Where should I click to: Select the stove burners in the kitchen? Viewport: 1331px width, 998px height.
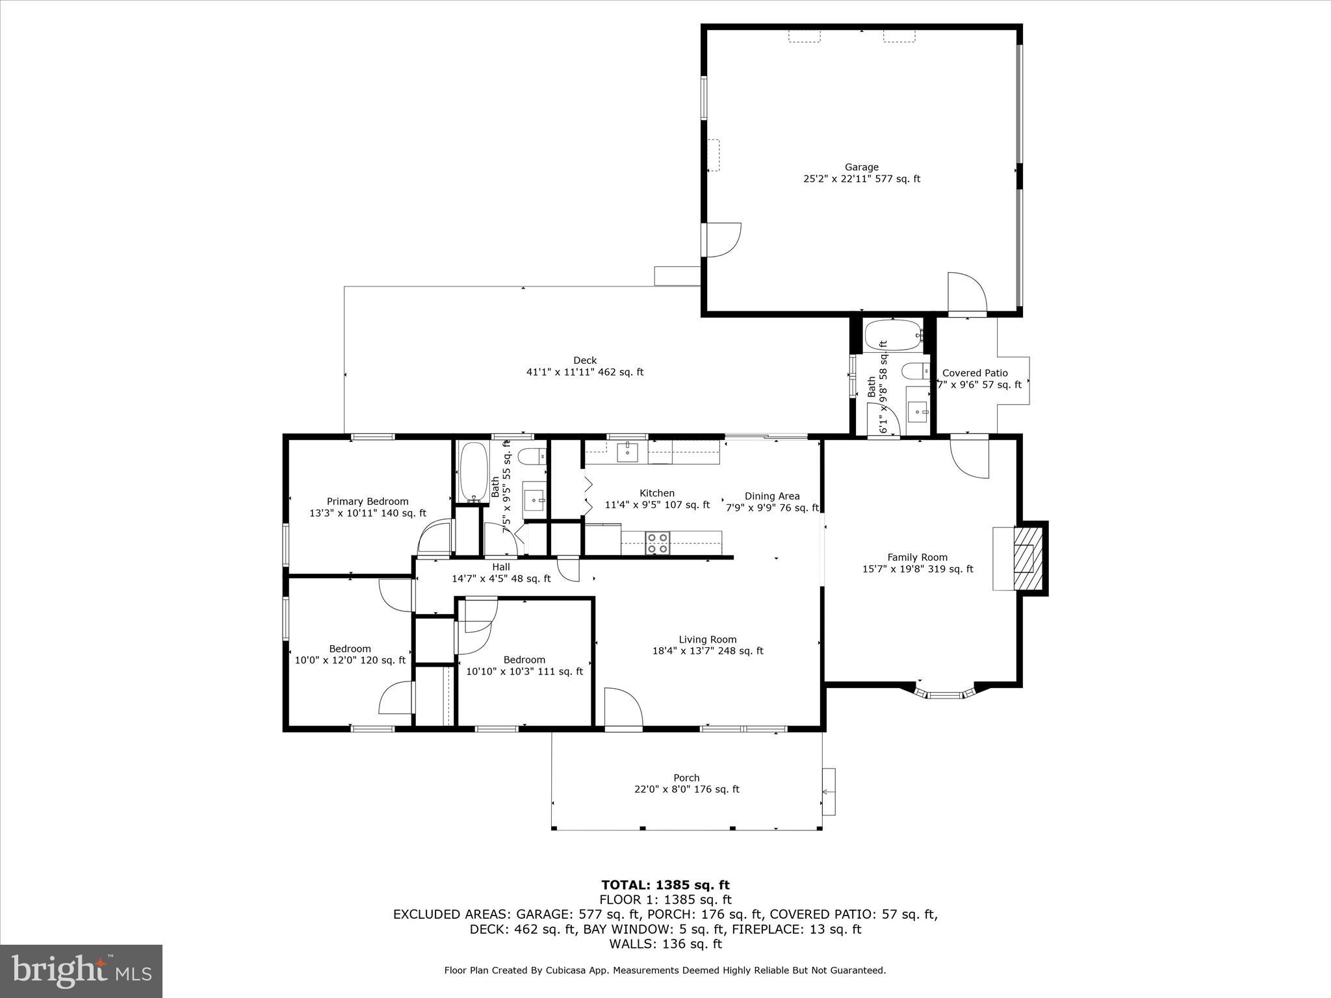(x=658, y=543)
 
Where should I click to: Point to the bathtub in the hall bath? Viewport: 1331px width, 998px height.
(x=472, y=472)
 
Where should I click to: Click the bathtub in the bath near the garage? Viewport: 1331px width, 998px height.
(x=893, y=335)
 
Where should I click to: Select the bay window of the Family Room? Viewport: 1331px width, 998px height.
(x=946, y=695)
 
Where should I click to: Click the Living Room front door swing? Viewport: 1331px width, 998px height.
(x=622, y=708)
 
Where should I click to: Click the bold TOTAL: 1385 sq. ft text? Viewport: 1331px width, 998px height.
(x=665, y=885)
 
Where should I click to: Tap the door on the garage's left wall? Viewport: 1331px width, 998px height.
(x=721, y=240)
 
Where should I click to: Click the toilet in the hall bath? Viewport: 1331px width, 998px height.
(x=534, y=457)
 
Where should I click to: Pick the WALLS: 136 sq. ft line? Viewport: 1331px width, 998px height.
(x=665, y=944)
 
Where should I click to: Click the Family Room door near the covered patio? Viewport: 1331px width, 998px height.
(x=970, y=457)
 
